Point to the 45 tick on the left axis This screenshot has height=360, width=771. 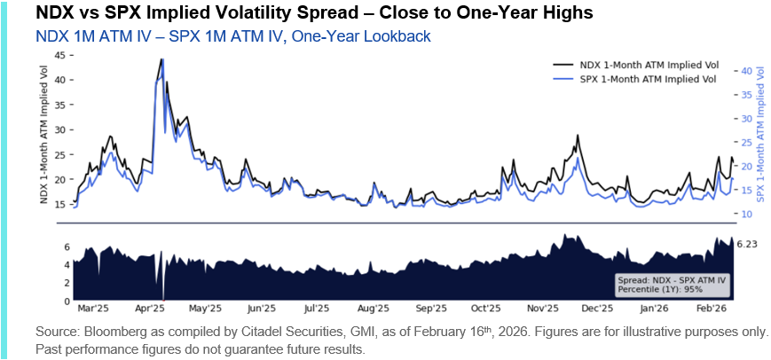(60, 54)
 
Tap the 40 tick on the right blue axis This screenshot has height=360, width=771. (747, 70)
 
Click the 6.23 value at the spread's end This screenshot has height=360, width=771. (750, 243)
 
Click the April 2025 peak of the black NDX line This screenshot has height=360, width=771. (161, 59)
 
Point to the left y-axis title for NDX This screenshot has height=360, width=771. (44, 129)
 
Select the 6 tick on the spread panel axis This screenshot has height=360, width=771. (67, 246)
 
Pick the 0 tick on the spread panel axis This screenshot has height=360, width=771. (67, 301)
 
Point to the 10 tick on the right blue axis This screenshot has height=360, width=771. (747, 214)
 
